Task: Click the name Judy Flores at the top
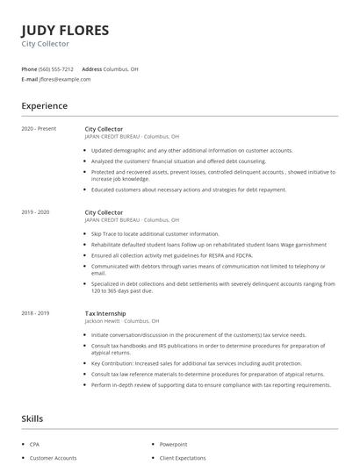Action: click(x=65, y=31)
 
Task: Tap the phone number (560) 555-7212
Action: click(x=57, y=68)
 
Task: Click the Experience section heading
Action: click(x=44, y=106)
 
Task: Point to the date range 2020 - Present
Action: click(x=39, y=129)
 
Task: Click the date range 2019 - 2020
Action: click(x=35, y=212)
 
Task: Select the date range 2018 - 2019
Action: click(x=35, y=313)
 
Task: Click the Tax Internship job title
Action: click(x=104, y=313)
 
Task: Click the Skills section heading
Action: click(x=32, y=418)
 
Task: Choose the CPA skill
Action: click(x=34, y=445)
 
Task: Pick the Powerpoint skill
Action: click(x=173, y=445)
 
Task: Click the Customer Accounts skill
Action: click(x=53, y=458)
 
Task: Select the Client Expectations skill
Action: click(x=183, y=458)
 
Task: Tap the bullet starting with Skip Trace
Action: click(x=155, y=234)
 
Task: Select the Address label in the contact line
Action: click(x=91, y=68)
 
